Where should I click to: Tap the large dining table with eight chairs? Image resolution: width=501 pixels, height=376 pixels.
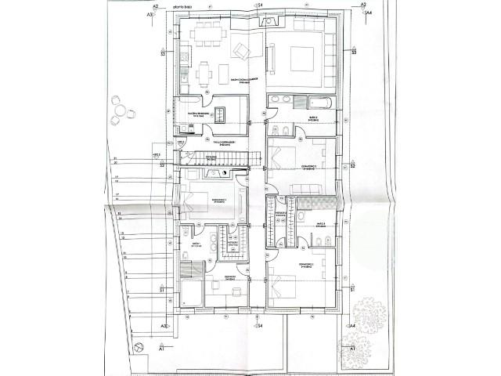coord(207,34)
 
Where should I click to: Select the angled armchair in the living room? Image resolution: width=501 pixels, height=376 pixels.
coord(243,52)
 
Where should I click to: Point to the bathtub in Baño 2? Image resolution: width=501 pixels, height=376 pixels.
coord(321,102)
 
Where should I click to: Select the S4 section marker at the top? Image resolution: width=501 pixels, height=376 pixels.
coord(260,5)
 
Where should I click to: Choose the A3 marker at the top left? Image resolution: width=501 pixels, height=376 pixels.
coord(149,13)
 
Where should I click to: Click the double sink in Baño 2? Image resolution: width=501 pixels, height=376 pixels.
coord(283,100)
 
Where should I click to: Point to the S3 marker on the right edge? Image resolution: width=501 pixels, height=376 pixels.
coord(354,52)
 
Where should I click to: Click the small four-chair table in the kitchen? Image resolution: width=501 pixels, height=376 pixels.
coord(206,72)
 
